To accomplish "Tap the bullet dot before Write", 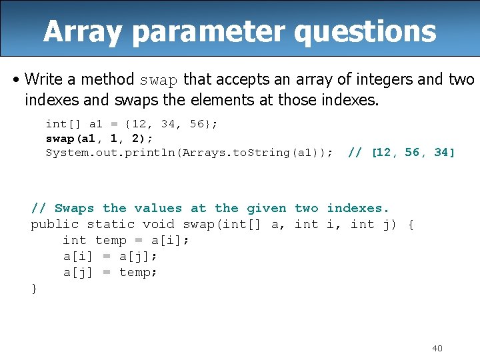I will point(16,80).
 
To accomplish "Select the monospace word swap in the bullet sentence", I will point(158,80).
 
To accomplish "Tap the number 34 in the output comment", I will point(442,153).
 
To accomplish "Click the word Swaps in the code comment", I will point(74,209).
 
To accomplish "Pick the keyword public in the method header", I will point(55,225).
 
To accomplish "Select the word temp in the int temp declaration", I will point(111,241).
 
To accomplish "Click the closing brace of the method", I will point(35,288).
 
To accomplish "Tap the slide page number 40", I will point(437,348).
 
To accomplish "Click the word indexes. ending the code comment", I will point(358,209).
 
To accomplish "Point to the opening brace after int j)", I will point(411,225).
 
